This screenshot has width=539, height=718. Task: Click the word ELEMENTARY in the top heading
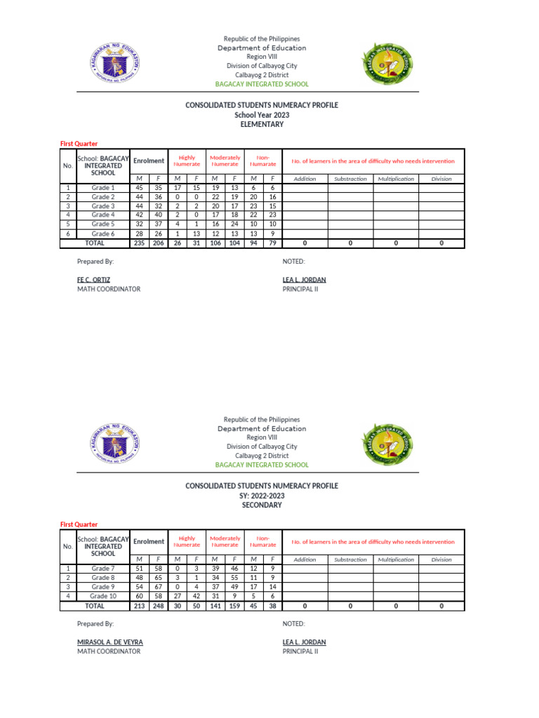click(261, 124)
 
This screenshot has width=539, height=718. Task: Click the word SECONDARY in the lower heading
click(261, 505)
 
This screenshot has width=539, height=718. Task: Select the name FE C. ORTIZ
click(94, 279)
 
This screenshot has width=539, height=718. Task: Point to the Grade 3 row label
click(103, 206)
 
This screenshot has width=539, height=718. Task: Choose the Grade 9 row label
click(103, 587)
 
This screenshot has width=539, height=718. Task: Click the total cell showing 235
click(139, 243)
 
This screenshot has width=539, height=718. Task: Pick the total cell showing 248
click(157, 606)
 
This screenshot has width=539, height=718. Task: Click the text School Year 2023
click(261, 114)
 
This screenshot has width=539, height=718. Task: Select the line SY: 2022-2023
click(261, 495)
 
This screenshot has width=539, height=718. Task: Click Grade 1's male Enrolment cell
click(139, 188)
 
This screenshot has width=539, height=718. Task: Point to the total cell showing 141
click(215, 606)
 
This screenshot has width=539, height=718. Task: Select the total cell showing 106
click(215, 243)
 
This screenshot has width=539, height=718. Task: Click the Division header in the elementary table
click(441, 179)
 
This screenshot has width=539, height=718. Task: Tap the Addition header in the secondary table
click(305, 560)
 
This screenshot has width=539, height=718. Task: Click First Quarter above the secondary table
click(79, 524)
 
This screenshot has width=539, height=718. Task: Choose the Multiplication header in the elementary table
click(396, 179)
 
